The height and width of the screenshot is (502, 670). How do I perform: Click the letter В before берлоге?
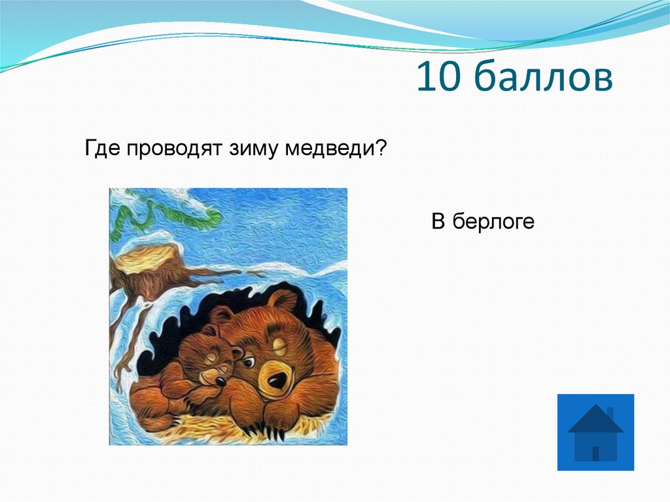click(x=437, y=222)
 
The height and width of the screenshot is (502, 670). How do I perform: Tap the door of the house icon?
click(x=595, y=453)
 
